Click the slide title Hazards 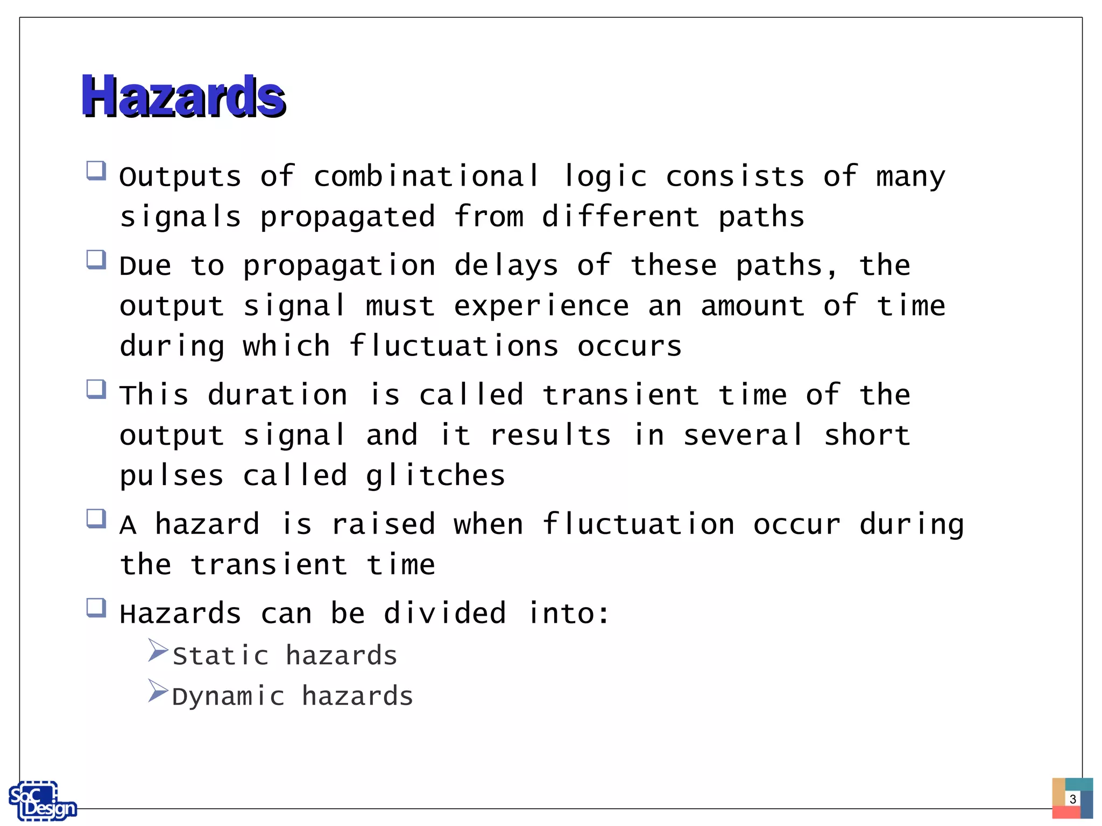point(183,96)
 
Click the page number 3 point(1072,799)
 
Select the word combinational point(426,176)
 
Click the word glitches point(435,476)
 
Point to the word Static point(221,656)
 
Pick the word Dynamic point(228,696)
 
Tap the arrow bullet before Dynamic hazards point(158,690)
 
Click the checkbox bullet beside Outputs point(96,171)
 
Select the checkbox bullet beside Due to point(96,260)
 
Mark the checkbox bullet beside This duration point(96,389)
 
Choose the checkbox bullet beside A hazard point(96,519)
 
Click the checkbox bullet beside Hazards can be point(96,608)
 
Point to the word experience point(541,307)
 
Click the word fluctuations point(454,346)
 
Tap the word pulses point(172,476)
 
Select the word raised point(383,524)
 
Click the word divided point(445,613)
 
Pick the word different point(620,217)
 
